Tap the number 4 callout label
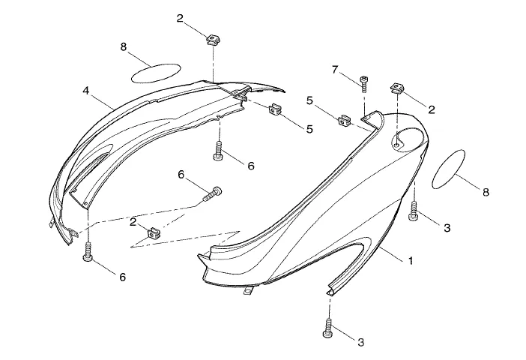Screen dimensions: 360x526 tap(87, 90)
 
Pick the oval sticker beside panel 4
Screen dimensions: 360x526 tap(156, 72)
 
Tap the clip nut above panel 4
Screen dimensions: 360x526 tap(212, 37)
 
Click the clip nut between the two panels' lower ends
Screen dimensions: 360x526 tap(154, 232)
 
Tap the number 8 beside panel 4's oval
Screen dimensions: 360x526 tap(124, 47)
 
